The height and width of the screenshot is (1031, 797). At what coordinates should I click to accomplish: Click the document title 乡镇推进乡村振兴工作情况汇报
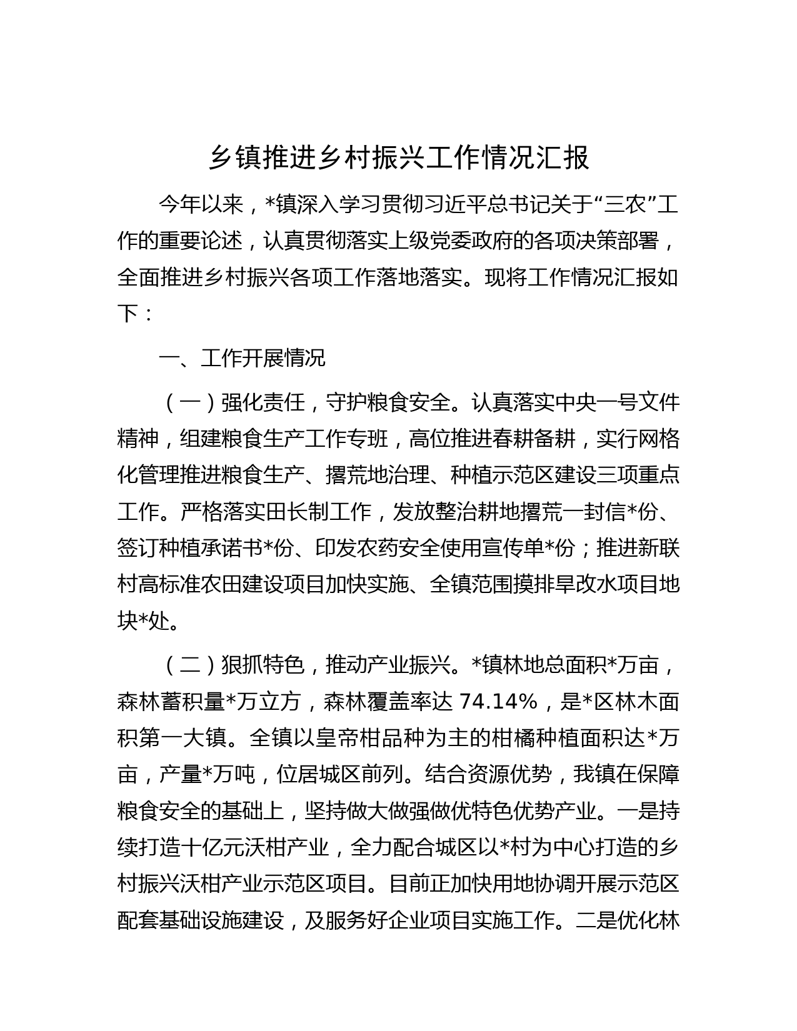[398, 158]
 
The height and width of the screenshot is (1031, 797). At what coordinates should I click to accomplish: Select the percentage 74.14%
[498, 702]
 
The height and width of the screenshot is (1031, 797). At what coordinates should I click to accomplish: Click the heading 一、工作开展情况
[242, 359]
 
